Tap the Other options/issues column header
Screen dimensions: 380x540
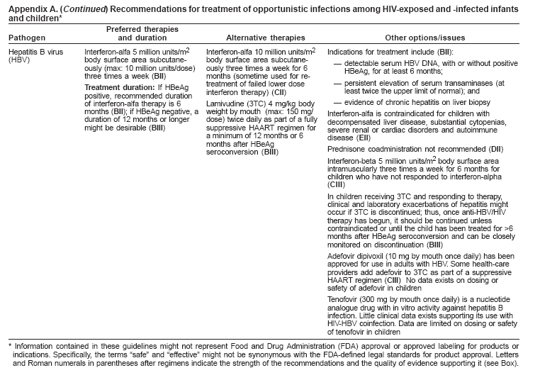pos(424,37)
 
